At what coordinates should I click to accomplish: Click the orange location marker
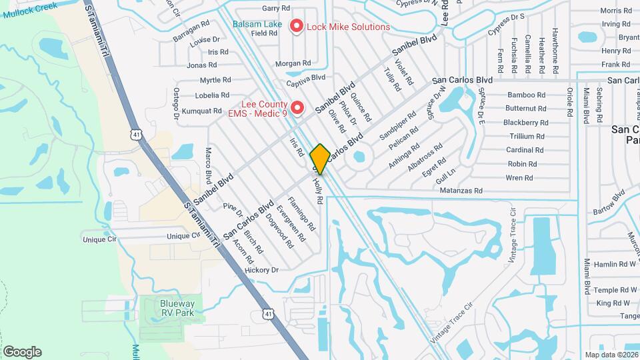(x=320, y=159)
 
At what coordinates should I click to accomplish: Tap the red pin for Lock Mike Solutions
(x=295, y=27)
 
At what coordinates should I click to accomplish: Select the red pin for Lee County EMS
(x=297, y=107)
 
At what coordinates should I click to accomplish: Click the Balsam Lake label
(x=257, y=25)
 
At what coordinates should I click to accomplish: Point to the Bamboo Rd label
(x=526, y=95)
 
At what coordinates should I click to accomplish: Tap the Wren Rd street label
(x=519, y=178)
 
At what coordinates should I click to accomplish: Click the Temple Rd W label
(x=615, y=290)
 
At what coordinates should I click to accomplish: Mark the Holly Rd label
(x=318, y=189)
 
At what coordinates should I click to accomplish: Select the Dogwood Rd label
(x=279, y=229)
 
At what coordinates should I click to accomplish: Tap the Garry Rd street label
(x=276, y=8)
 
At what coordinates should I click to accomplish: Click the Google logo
(x=23, y=352)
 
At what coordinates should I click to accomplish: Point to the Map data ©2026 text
(x=611, y=355)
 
